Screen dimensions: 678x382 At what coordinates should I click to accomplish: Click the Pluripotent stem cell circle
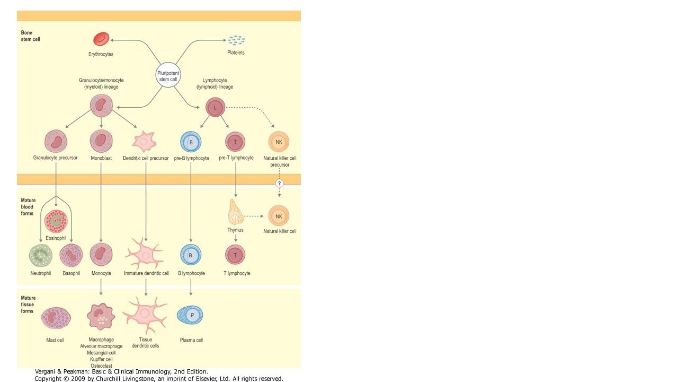point(168,75)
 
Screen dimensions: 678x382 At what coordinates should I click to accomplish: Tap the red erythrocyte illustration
point(101,39)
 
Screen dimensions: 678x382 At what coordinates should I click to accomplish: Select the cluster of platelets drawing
point(236,40)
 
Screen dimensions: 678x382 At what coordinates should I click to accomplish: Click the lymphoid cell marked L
point(215,107)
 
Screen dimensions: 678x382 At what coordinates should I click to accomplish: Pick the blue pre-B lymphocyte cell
point(191,142)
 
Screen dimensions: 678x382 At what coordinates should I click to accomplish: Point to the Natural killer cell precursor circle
point(279,142)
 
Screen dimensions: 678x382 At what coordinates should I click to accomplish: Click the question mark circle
point(279,184)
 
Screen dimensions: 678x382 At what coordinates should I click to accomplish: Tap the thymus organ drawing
point(235,212)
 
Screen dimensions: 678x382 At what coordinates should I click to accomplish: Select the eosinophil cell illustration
point(56,221)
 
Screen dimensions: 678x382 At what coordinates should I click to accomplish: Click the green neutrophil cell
point(41,255)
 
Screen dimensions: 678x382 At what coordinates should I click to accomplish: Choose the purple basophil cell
point(71,255)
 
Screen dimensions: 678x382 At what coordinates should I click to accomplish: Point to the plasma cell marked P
point(190,315)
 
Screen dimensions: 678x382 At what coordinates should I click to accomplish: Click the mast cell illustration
point(56,318)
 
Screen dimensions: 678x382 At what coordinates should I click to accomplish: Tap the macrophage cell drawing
point(101,317)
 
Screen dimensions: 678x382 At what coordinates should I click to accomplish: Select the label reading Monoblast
point(101,158)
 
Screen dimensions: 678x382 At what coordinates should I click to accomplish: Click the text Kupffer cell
point(101,359)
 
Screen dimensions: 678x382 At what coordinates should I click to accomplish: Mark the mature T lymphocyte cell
point(235,255)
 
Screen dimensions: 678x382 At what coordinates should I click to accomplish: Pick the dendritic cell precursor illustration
point(145,141)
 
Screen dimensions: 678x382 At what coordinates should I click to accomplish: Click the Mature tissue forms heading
point(28,305)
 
